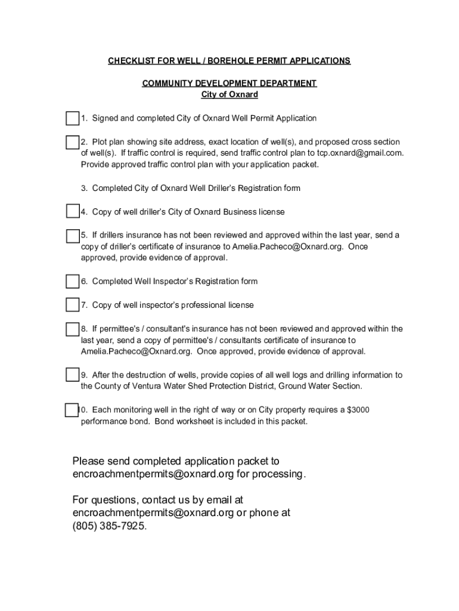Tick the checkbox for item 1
tap(72, 118)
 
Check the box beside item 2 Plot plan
tap(72, 142)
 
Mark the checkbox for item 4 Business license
tap(72, 211)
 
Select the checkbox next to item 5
tap(72, 235)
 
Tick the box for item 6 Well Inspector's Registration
tap(72, 281)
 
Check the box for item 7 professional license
tap(72, 305)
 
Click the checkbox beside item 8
tap(72, 329)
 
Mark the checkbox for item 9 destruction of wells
tap(72, 375)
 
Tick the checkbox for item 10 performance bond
tap(71, 410)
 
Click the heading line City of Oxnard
tap(229, 95)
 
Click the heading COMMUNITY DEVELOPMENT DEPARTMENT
tap(229, 84)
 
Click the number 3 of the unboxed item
tap(84, 189)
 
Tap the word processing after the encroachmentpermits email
tap(279, 474)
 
